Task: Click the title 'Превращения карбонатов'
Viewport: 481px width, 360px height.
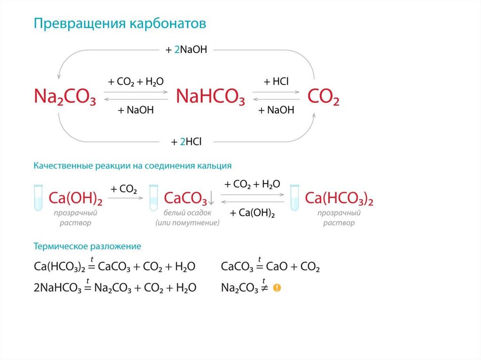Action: pyautogui.click(x=120, y=24)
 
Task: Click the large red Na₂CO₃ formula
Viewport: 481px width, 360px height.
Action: pyautogui.click(x=65, y=97)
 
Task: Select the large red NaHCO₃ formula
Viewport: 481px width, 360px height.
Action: pyautogui.click(x=210, y=97)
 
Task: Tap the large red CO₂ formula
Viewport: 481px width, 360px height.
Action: pyautogui.click(x=323, y=97)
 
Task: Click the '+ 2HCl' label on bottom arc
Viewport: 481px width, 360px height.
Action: pyautogui.click(x=186, y=141)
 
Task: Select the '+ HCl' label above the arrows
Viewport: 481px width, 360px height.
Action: pyautogui.click(x=277, y=82)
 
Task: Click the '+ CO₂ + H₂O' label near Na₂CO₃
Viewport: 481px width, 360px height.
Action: pyautogui.click(x=136, y=82)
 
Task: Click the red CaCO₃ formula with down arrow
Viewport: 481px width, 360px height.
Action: pyautogui.click(x=186, y=199)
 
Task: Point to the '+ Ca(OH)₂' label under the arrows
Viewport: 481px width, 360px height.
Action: pyautogui.click(x=252, y=213)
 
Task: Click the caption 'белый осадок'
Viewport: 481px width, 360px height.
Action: pyautogui.click(x=187, y=213)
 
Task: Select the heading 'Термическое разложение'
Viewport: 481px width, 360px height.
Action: pyautogui.click(x=87, y=246)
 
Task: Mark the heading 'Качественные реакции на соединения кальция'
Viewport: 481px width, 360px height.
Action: pyautogui.click(x=132, y=166)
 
